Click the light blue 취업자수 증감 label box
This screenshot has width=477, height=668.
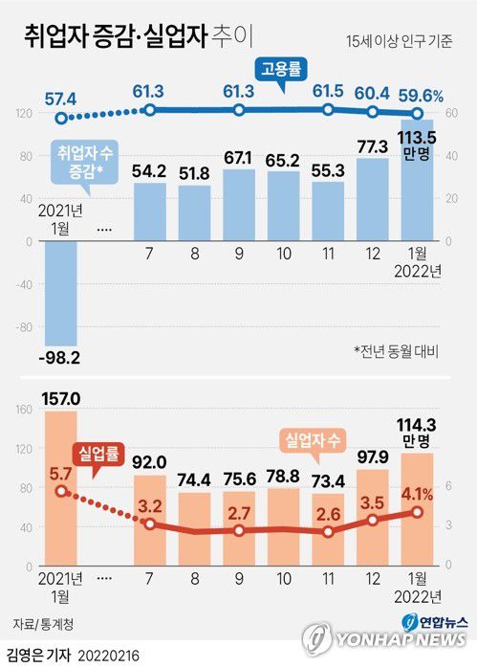tap(82, 160)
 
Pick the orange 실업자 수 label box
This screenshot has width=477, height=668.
tap(314, 440)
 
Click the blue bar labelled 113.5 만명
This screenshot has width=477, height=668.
tap(418, 211)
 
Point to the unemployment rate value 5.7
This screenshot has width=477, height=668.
tap(60, 472)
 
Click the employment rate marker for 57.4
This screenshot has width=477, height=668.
tap(61, 119)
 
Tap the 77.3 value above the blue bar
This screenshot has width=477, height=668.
tap(373, 146)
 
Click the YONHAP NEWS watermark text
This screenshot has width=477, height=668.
tap(400, 640)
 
